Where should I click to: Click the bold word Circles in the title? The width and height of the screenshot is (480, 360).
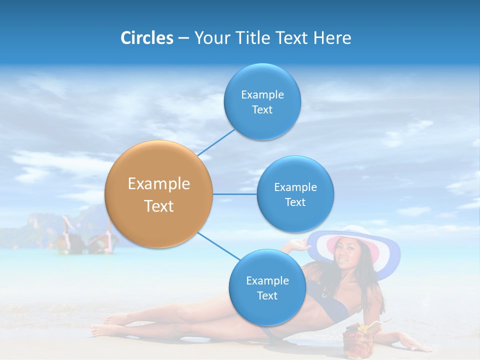pyautogui.click(x=146, y=38)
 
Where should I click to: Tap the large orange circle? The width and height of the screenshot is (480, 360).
pyautogui.click(x=158, y=194)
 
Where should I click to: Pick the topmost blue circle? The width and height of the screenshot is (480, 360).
pyautogui.click(x=262, y=101)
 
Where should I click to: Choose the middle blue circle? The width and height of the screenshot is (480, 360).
pyautogui.click(x=295, y=194)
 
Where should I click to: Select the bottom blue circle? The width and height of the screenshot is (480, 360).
pyautogui.click(x=267, y=287)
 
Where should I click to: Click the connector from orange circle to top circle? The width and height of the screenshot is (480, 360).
pyautogui.click(x=216, y=142)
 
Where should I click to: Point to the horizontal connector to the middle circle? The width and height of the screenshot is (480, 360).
pyautogui.click(x=234, y=194)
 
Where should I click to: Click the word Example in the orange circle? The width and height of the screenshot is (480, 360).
pyautogui.click(x=158, y=183)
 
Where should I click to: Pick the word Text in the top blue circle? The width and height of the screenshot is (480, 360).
pyautogui.click(x=262, y=109)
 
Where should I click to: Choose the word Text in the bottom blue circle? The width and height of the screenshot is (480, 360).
pyautogui.click(x=267, y=295)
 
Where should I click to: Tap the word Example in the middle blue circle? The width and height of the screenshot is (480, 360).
pyautogui.click(x=295, y=187)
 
